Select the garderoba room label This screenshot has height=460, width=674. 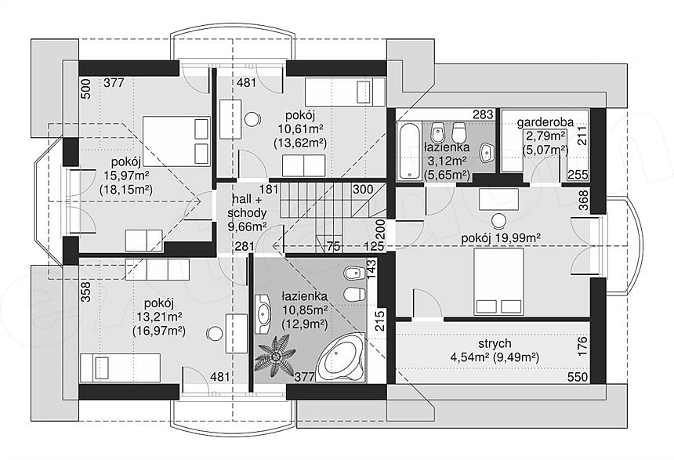545,122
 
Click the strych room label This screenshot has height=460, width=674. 495,343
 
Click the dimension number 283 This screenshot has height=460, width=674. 483,114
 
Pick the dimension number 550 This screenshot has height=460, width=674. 578,377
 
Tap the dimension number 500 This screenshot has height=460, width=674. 86,89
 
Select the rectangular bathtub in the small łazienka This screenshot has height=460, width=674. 409,150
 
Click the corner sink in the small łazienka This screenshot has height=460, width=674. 487,152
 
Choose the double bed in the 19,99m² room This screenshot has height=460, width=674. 498,281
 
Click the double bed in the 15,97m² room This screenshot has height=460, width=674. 176,140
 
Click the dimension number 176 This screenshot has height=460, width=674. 582,346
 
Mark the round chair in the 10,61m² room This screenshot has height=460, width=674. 252,119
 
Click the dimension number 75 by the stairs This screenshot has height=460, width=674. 333,246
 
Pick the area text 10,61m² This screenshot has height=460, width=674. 300,129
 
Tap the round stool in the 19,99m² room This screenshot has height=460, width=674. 499,221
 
